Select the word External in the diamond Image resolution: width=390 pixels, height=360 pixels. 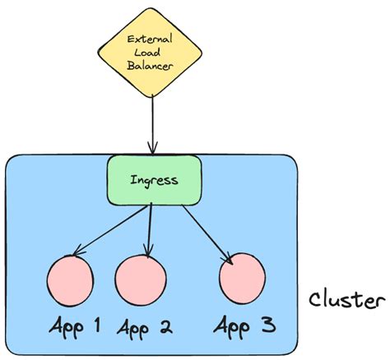(x=152, y=39)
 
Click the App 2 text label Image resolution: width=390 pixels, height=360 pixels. (x=144, y=328)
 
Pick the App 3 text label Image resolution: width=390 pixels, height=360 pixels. (x=244, y=326)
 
